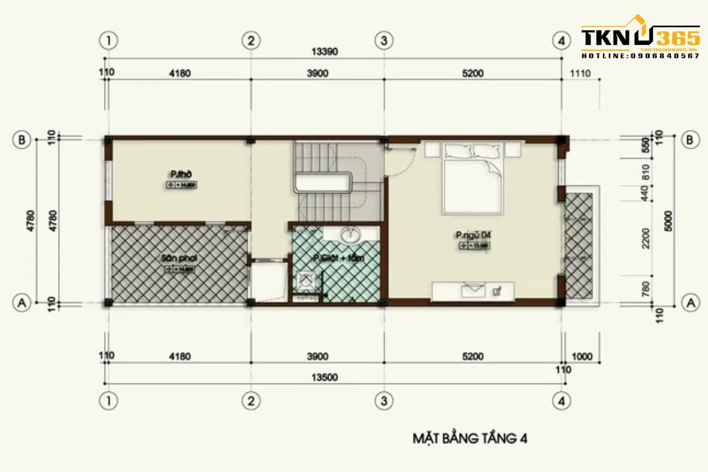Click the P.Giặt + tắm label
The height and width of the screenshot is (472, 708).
(x=338, y=258)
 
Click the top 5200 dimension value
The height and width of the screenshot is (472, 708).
(x=473, y=74)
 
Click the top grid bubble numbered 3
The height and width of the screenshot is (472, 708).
(x=384, y=41)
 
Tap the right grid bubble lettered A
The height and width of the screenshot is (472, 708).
(x=689, y=303)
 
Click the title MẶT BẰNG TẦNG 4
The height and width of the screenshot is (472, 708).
(x=470, y=438)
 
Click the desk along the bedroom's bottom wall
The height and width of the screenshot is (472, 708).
(x=473, y=291)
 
